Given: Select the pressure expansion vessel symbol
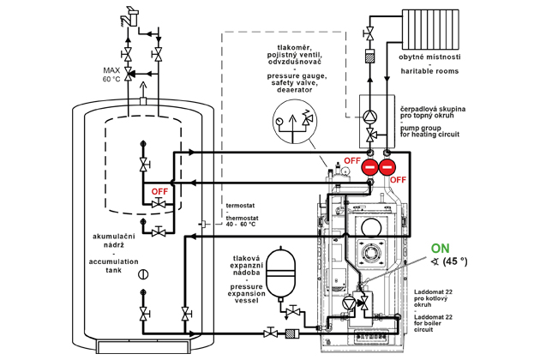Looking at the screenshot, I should coord(279,273).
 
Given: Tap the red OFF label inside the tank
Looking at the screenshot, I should coord(158,191).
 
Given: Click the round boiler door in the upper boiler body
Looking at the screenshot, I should coord(371,227).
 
